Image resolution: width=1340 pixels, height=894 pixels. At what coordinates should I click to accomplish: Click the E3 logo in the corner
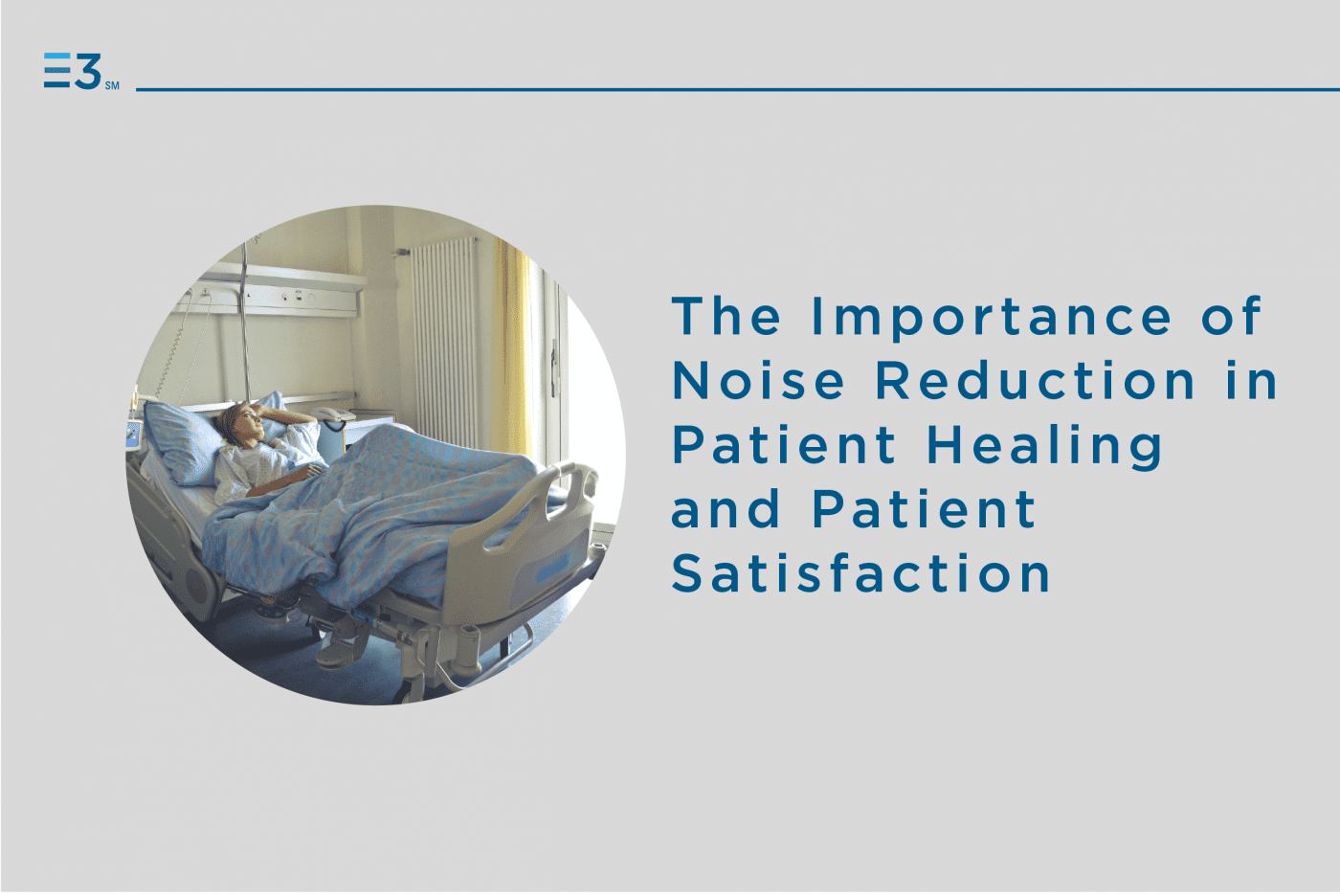click(73, 72)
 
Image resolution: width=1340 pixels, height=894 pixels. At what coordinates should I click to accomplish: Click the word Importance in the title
click(991, 317)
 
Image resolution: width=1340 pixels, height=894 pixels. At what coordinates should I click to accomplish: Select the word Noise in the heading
click(758, 381)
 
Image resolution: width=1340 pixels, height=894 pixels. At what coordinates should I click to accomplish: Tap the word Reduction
click(1035, 381)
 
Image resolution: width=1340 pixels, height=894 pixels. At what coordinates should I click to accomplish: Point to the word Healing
click(1044, 446)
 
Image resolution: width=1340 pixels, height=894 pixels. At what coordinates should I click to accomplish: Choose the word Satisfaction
click(860, 573)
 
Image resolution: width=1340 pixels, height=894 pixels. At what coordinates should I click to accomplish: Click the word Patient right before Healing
click(784, 445)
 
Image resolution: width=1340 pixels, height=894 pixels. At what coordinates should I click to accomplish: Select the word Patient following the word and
click(924, 509)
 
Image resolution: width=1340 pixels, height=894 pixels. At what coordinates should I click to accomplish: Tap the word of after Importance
click(1231, 317)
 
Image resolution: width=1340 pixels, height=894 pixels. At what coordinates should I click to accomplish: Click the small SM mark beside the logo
click(112, 86)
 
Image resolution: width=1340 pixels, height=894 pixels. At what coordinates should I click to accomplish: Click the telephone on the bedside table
click(334, 414)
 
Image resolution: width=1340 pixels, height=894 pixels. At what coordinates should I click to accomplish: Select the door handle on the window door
click(553, 359)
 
